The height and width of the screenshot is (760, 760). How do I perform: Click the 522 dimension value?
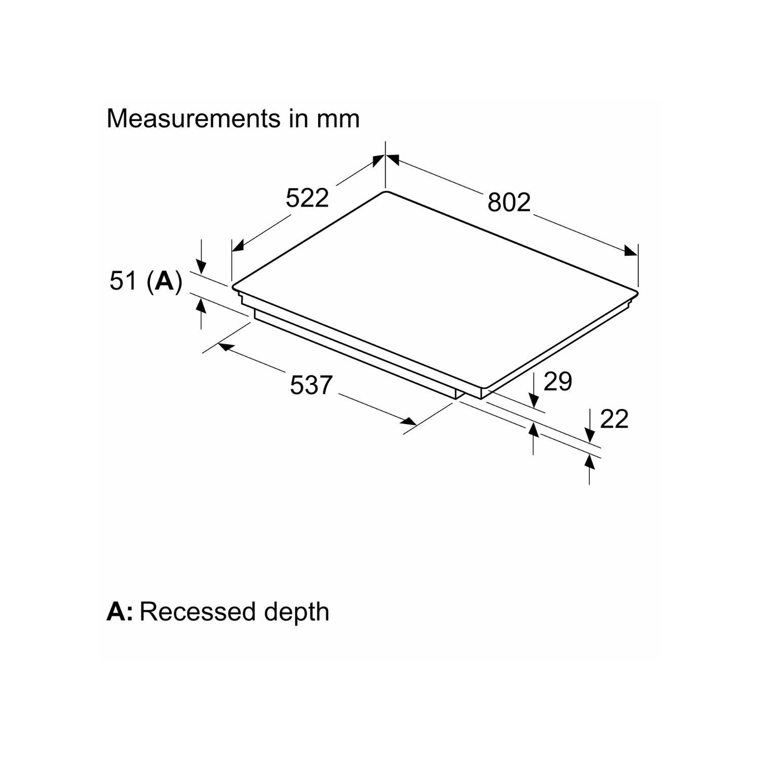(x=307, y=198)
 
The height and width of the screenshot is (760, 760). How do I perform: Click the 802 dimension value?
(x=509, y=202)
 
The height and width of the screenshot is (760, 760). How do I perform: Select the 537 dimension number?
(x=311, y=385)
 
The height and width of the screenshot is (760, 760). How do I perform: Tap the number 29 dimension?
(x=558, y=381)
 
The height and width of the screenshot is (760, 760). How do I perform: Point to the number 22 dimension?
(x=614, y=419)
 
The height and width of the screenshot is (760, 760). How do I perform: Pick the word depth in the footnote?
(x=296, y=612)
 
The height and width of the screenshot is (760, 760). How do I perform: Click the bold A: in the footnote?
(x=120, y=612)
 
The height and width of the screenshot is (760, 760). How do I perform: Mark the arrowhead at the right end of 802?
(x=631, y=251)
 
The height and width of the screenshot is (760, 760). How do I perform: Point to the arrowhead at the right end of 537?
(x=409, y=421)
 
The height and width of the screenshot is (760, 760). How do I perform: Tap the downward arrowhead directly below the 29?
(x=534, y=400)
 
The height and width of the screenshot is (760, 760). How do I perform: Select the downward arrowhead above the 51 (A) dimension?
(x=201, y=267)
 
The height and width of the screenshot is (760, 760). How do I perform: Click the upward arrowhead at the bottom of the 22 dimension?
(x=589, y=462)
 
